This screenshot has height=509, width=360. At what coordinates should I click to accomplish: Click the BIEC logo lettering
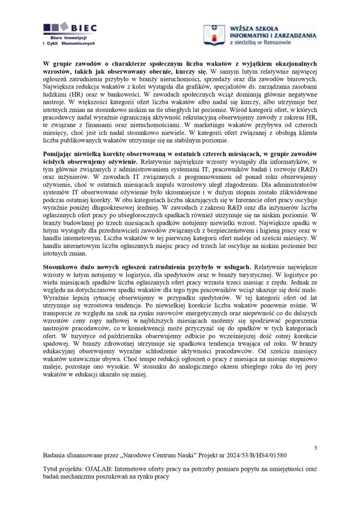[x=84, y=28]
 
